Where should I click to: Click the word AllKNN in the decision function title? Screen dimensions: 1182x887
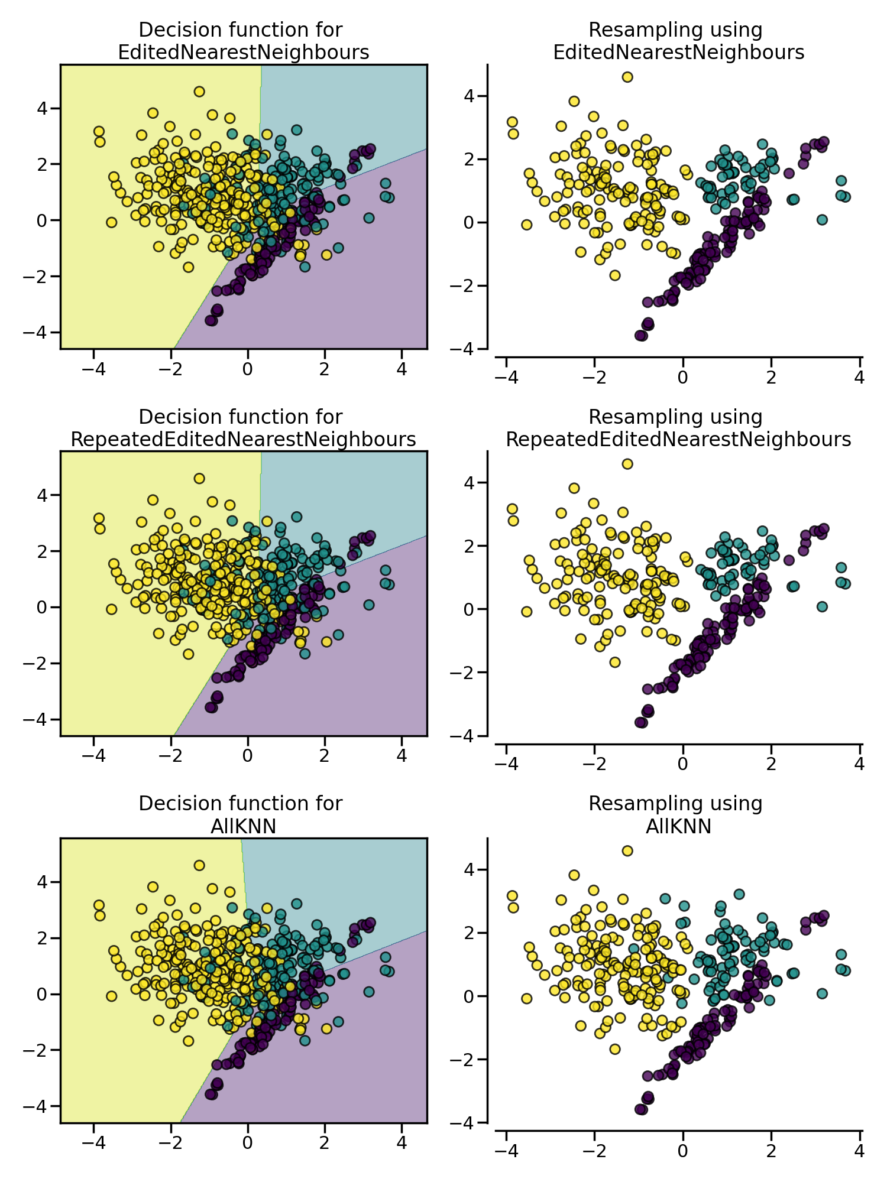(x=243, y=826)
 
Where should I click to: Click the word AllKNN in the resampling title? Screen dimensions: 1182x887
(x=678, y=826)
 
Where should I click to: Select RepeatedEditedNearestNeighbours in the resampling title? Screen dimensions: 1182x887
(x=678, y=440)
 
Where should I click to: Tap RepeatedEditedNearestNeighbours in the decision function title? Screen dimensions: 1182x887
(x=243, y=440)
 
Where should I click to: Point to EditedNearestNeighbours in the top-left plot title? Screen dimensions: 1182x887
(x=243, y=53)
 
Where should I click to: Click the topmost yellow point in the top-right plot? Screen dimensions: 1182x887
(x=627, y=77)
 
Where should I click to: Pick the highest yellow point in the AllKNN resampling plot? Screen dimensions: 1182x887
(x=627, y=851)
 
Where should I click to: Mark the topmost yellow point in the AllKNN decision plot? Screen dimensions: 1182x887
(x=199, y=865)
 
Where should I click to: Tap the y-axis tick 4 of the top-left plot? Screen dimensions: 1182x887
(x=45, y=108)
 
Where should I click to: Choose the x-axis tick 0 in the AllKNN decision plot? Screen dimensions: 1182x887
(x=247, y=1142)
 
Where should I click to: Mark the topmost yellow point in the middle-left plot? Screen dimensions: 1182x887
(x=199, y=478)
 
